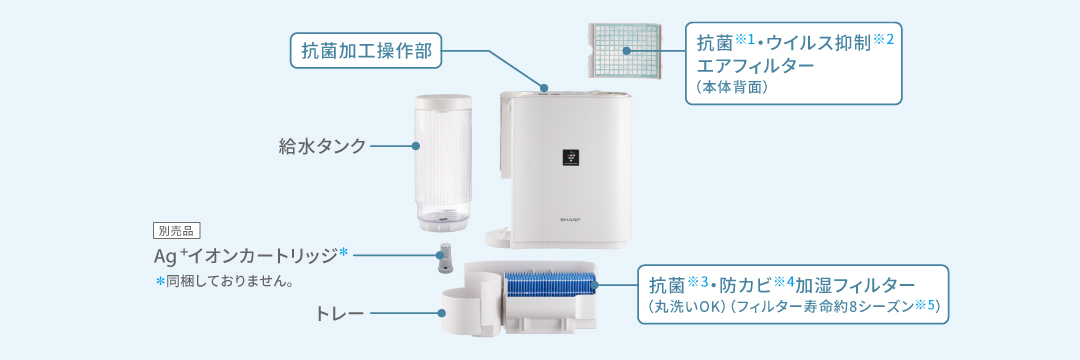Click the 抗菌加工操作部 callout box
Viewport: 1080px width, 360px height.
coord(365,50)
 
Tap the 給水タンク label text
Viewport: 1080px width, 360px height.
coord(322,146)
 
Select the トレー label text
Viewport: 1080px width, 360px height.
coord(340,314)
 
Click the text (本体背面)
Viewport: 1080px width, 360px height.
coord(731,88)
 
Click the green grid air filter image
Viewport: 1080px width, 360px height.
coord(625,50)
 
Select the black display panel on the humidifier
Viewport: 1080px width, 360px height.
coord(571,157)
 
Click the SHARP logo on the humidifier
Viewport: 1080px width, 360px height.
coord(571,220)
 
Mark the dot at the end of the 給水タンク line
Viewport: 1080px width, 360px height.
coord(415,146)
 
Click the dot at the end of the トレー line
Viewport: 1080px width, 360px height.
coord(442,314)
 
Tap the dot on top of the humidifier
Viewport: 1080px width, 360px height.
coord(544,88)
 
